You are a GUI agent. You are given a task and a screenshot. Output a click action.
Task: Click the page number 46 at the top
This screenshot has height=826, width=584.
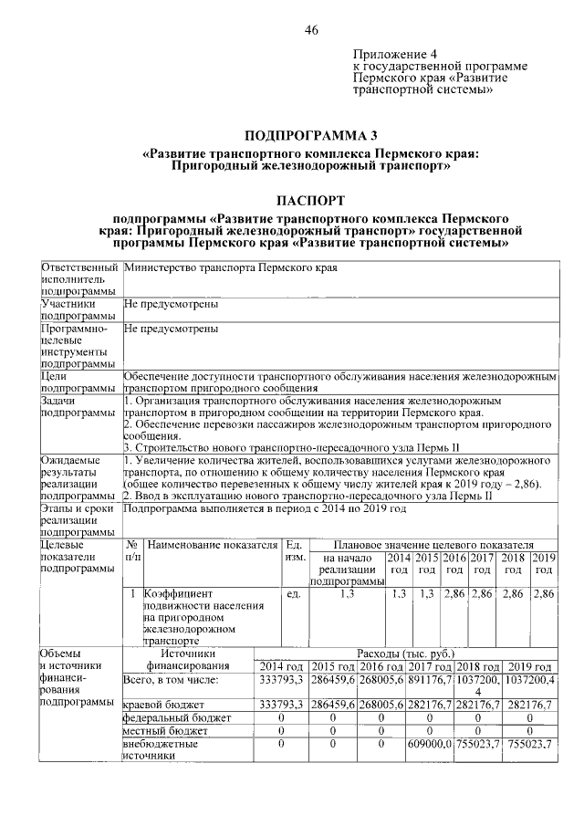(310, 30)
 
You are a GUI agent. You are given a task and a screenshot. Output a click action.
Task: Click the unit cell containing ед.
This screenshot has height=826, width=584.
(295, 594)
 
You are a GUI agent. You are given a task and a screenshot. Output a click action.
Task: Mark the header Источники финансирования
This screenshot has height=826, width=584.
(186, 660)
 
